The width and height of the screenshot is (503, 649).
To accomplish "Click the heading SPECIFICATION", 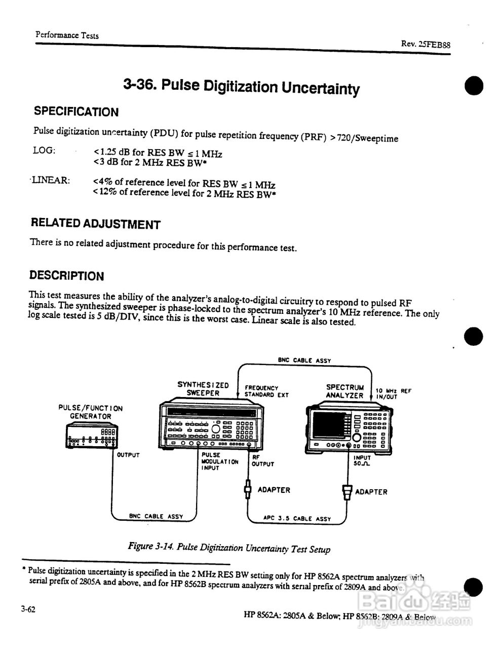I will (x=76, y=112).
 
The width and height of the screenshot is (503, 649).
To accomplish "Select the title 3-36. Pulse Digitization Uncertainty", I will (x=242, y=87).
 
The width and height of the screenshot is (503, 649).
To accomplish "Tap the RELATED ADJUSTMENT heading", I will (x=95, y=224).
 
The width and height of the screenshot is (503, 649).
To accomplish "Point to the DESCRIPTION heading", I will (x=66, y=276).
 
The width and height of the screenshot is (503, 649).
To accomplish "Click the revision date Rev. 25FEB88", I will (x=425, y=44).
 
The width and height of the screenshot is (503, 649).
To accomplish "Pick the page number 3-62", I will (x=28, y=609).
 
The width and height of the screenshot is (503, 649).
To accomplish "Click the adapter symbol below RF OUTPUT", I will (x=248, y=490).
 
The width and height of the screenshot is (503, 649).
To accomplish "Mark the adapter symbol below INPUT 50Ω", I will (x=347, y=491).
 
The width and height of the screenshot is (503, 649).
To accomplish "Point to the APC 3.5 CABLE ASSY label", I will (x=297, y=519).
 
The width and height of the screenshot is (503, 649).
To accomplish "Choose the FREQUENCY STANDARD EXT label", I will (x=265, y=391).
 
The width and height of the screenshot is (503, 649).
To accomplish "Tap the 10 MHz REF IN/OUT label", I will (x=393, y=393).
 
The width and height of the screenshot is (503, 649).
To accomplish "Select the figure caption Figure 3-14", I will (x=229, y=548).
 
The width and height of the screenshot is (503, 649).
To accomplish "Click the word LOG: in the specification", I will (x=44, y=150).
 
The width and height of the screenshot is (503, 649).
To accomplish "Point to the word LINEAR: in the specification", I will (x=51, y=180).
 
